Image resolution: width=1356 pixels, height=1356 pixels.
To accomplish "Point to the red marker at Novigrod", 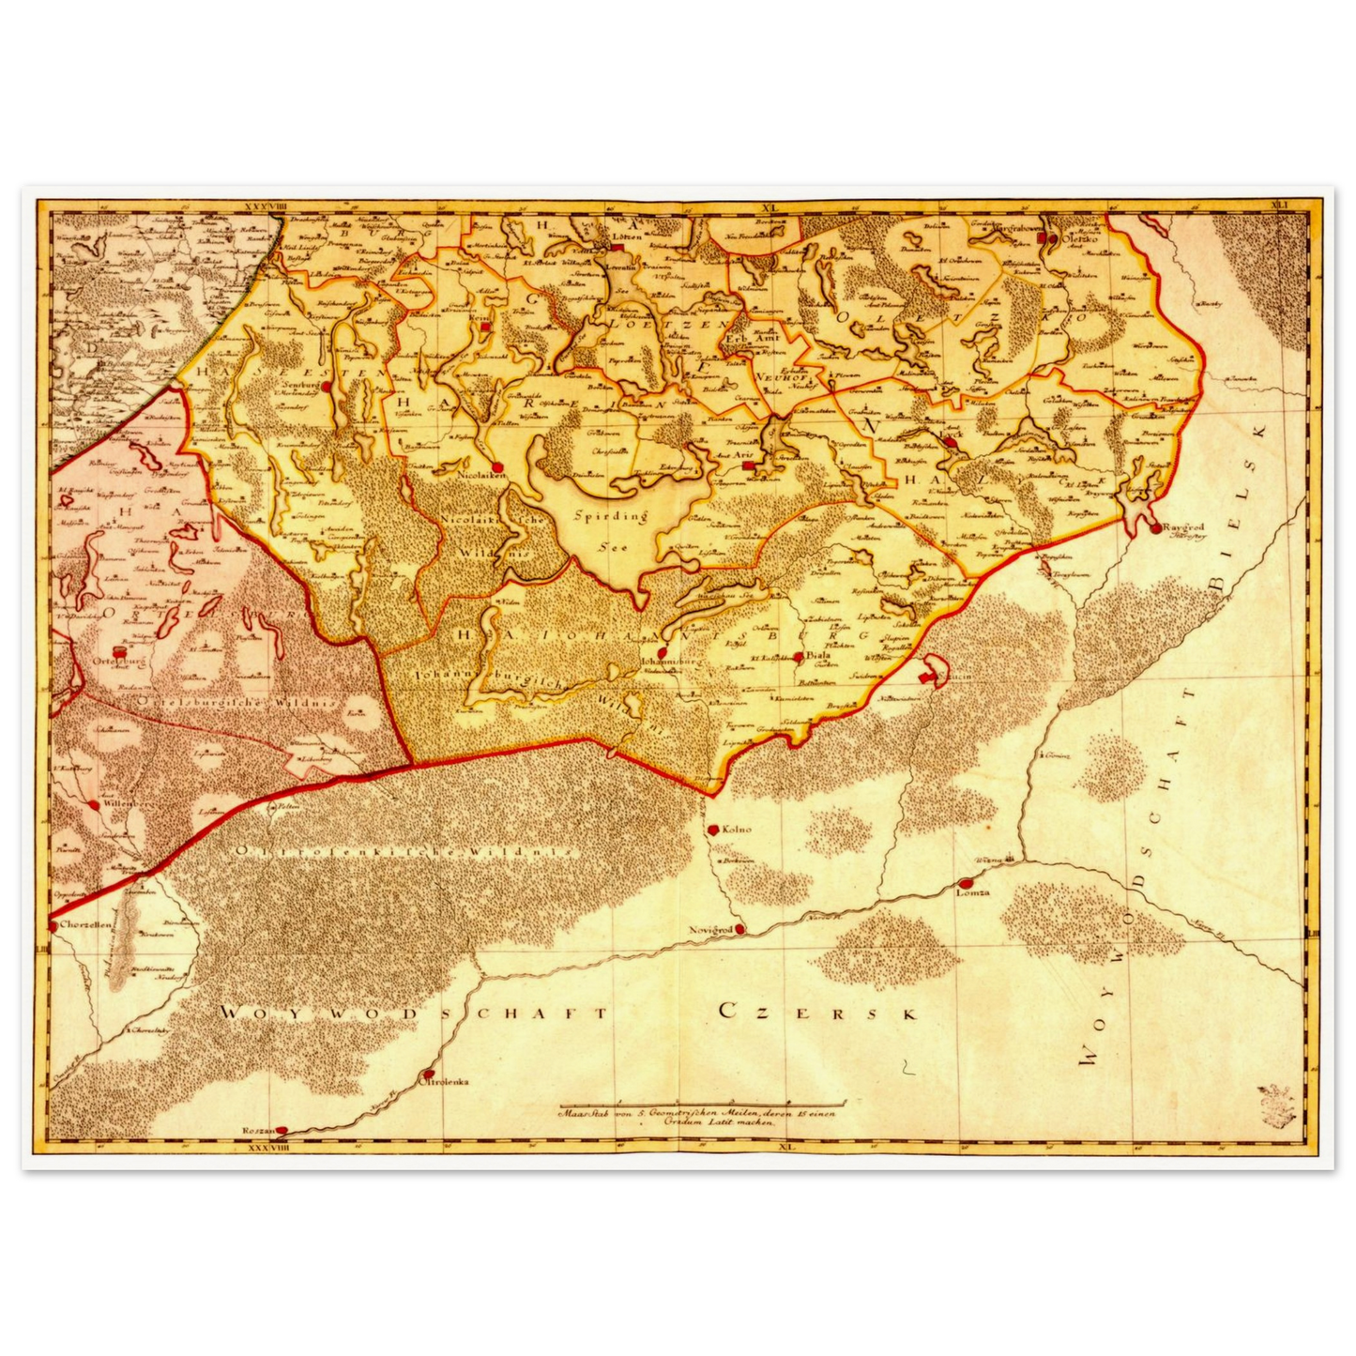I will coord(739,929).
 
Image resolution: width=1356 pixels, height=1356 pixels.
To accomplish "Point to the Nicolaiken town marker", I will coord(497,465).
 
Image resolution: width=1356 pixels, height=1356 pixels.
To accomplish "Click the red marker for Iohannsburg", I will coord(662,651).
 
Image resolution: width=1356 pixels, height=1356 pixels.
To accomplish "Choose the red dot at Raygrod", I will coord(1155,527).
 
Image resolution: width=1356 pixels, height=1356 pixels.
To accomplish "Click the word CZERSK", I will coord(816,1012).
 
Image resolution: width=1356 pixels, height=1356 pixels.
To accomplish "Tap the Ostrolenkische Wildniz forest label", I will coord(404,851).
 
